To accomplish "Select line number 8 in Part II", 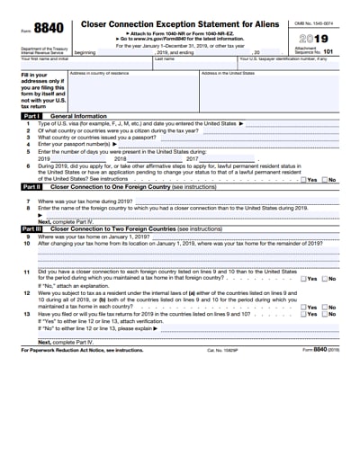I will point(28,207).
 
